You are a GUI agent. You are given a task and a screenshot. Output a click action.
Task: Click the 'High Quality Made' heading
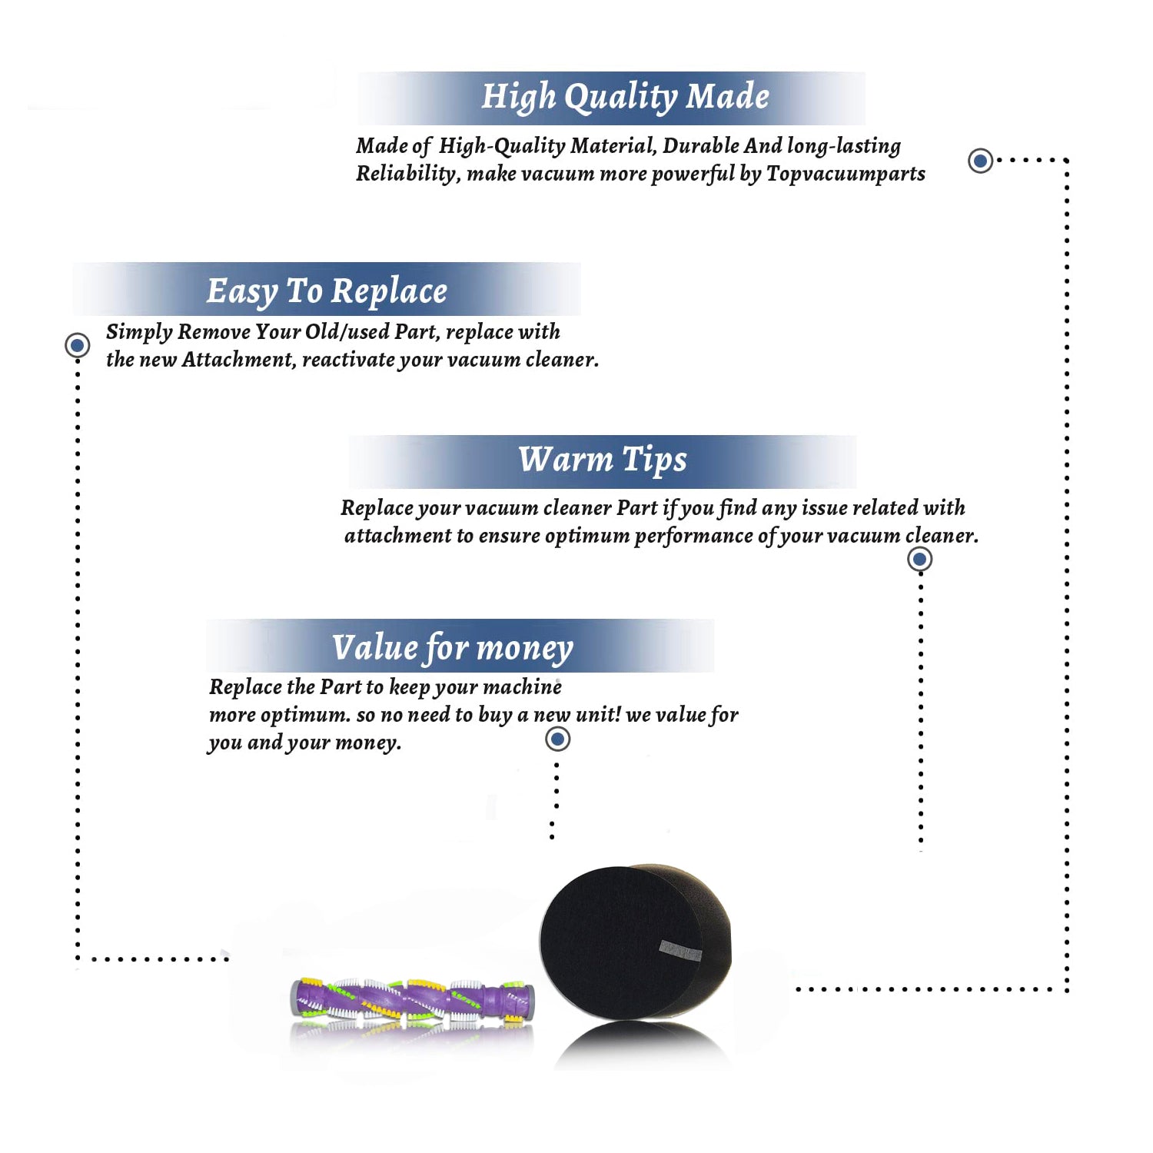(625, 98)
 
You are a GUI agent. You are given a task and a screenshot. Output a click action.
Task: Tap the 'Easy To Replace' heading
(327, 291)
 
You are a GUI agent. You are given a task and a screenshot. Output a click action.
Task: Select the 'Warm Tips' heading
(602, 460)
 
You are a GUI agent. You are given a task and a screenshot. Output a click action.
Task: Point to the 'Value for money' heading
(452, 648)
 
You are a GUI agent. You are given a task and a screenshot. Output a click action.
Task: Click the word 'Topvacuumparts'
(846, 174)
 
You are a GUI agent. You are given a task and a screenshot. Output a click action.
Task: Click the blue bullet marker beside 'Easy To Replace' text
(77, 345)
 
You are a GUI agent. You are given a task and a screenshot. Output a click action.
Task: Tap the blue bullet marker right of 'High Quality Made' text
(980, 161)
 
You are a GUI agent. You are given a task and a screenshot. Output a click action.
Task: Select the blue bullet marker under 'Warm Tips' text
(919, 559)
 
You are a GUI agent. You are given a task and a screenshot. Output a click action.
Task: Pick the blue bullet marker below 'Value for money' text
(557, 739)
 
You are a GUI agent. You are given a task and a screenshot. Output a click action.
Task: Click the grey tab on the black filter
(680, 951)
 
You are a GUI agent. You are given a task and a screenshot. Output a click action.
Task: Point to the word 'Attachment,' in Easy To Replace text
(238, 360)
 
